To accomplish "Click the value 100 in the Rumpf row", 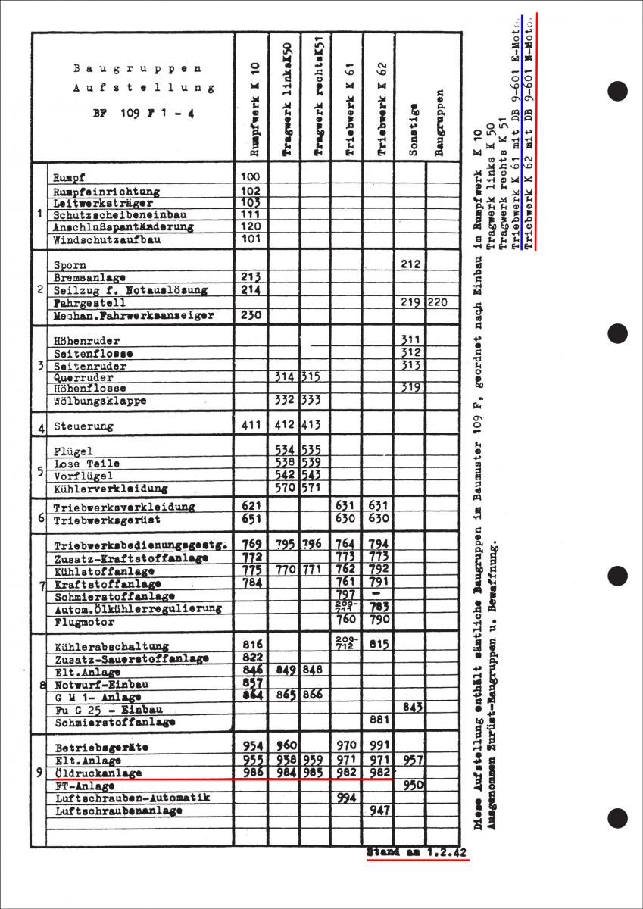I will click(251, 176).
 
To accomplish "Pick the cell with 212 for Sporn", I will click(410, 265).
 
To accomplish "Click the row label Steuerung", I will click(83, 426).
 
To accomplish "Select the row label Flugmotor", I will click(85, 623).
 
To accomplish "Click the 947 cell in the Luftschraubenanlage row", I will click(379, 811).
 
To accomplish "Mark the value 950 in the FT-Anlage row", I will click(412, 785).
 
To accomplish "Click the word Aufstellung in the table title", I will click(143, 88).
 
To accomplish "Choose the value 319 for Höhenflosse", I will click(410, 388).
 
